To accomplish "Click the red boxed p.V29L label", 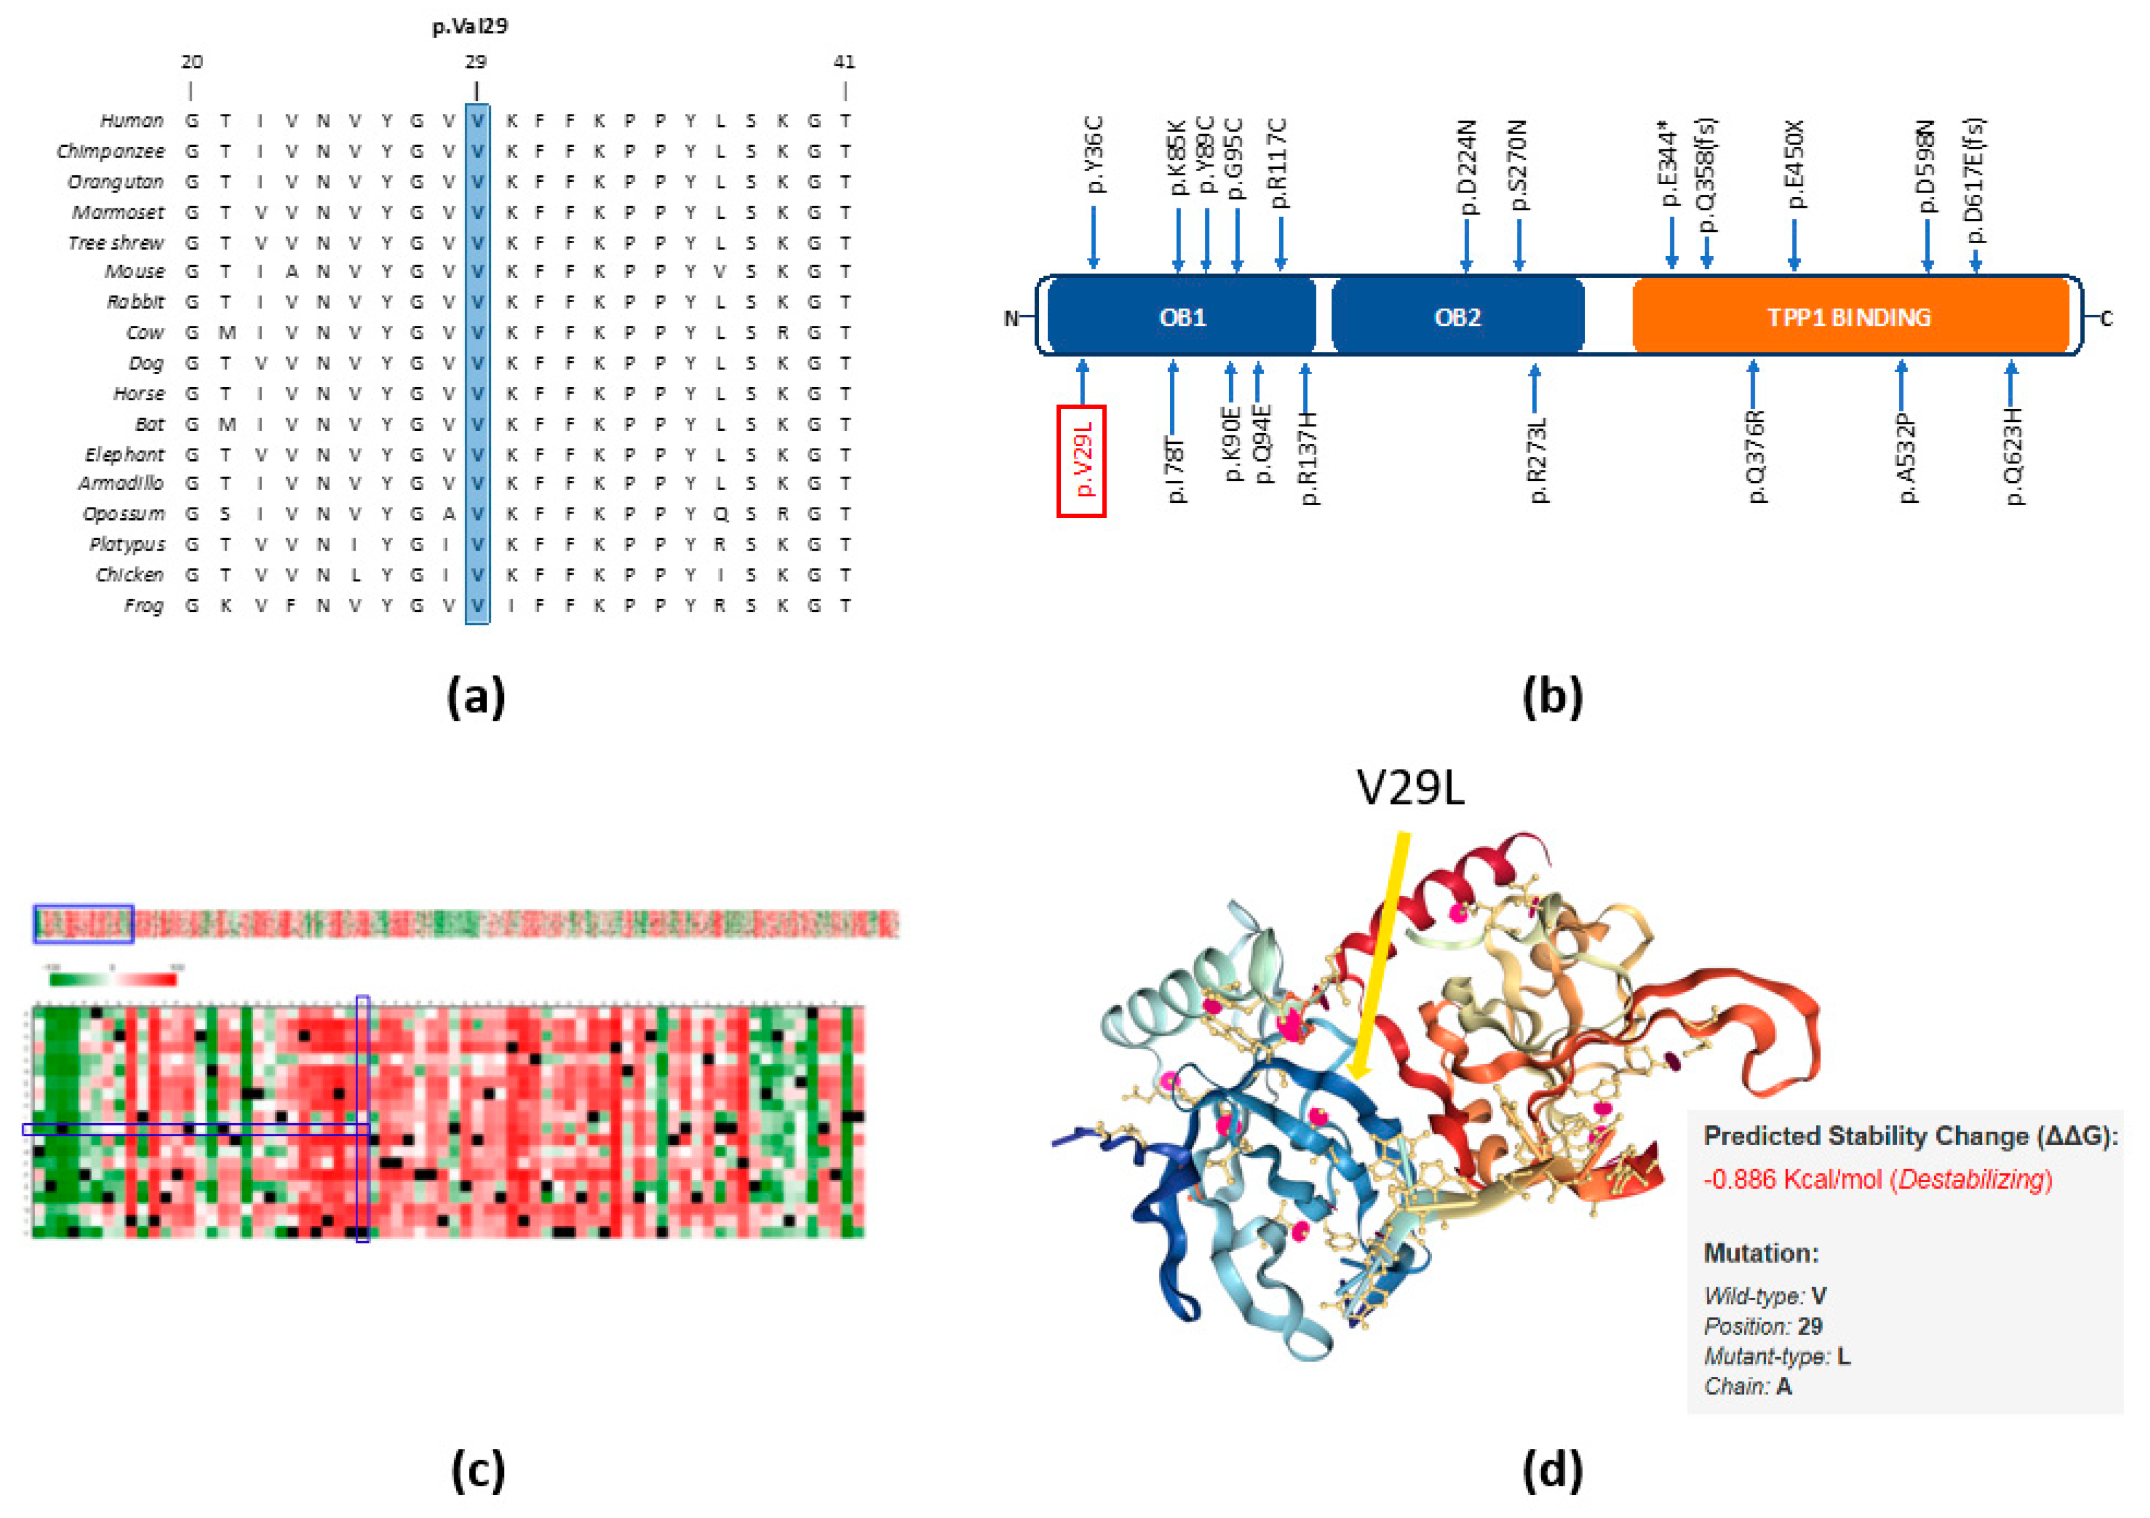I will coord(1081,461).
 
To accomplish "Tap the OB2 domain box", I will coord(1457,316).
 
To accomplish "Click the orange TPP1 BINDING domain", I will coord(1850,316).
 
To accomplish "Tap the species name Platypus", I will coord(127,544).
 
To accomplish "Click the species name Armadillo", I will coord(121,483).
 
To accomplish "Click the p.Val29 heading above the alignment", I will coord(470,26).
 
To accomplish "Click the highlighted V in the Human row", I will coord(477,121).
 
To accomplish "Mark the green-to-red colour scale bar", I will coord(112,980).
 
